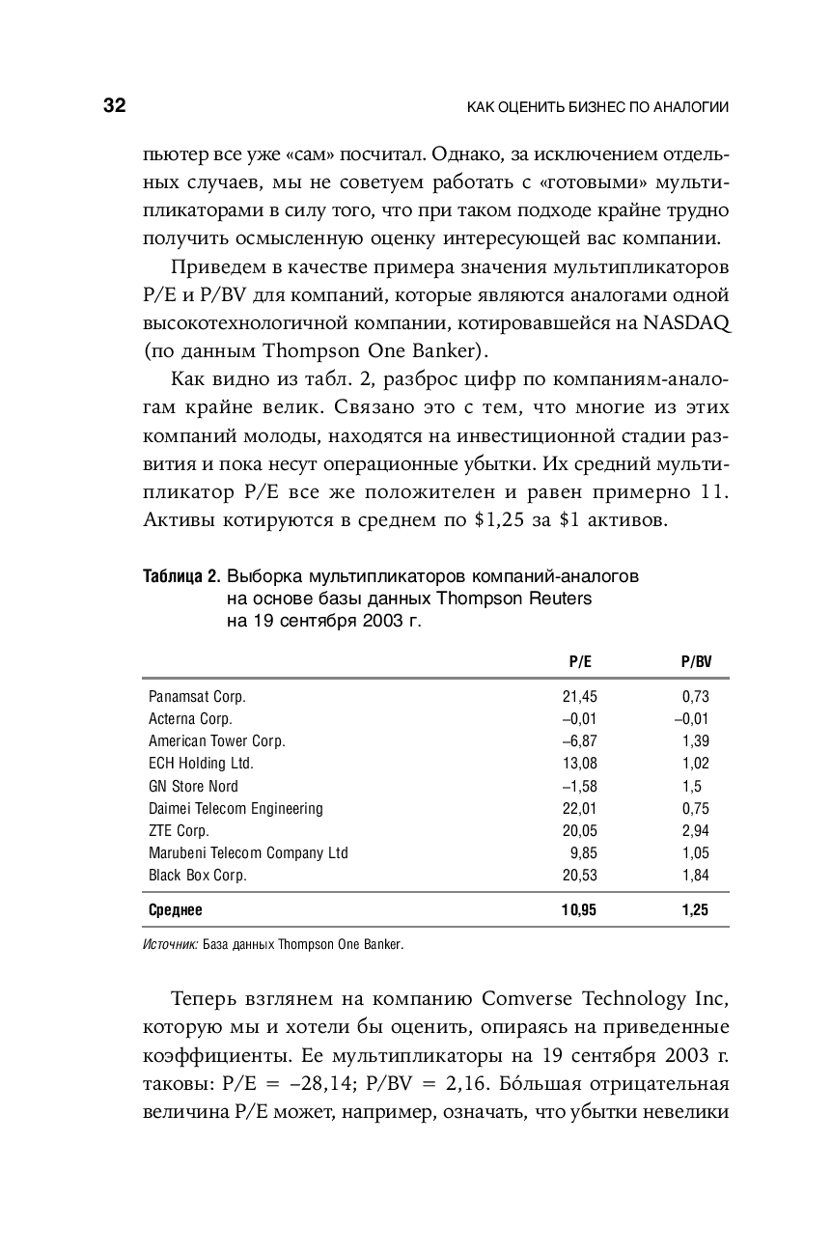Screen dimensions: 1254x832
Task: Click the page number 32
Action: click(x=114, y=106)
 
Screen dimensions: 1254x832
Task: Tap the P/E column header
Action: click(x=579, y=662)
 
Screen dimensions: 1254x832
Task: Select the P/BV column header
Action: click(x=695, y=662)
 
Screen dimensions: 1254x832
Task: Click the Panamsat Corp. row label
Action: click(x=197, y=696)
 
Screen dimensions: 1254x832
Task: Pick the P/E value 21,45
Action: click(x=579, y=696)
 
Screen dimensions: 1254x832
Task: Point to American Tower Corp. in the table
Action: click(x=216, y=741)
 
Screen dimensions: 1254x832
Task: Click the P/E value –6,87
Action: click(x=579, y=741)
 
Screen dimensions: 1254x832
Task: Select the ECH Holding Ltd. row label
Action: click(x=201, y=764)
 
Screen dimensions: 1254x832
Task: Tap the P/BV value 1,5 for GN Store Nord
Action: click(x=691, y=786)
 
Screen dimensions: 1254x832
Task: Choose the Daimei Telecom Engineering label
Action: click(x=236, y=808)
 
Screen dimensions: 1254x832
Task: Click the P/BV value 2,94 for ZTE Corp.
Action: click(x=695, y=831)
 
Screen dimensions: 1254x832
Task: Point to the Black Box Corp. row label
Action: click(x=197, y=876)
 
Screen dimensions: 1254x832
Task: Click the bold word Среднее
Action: click(x=176, y=910)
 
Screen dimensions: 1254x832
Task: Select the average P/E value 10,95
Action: click(x=579, y=910)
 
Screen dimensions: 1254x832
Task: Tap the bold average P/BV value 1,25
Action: click(x=695, y=910)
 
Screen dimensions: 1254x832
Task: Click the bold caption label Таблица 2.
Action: click(x=180, y=577)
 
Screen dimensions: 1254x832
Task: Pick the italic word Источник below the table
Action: click(x=170, y=945)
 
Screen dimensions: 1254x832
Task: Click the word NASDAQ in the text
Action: click(x=682, y=323)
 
